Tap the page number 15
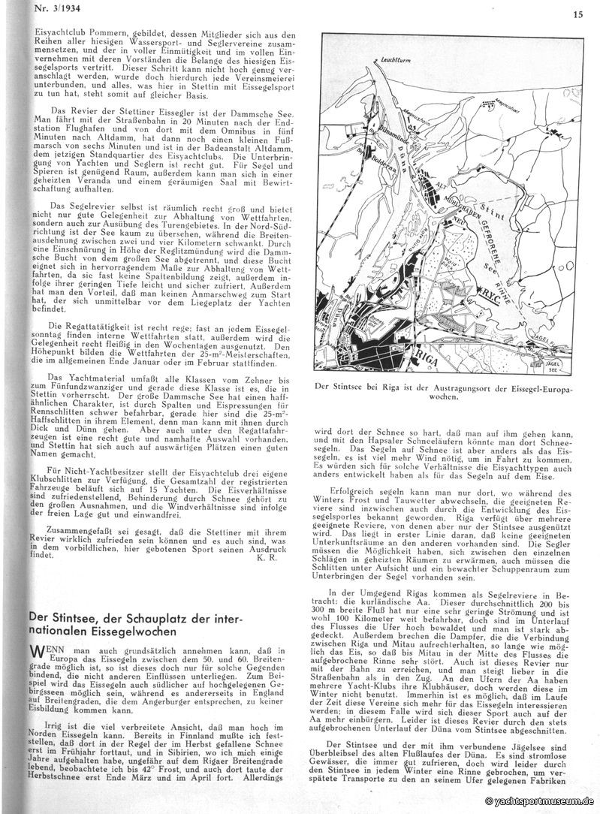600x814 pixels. pos(578,14)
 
